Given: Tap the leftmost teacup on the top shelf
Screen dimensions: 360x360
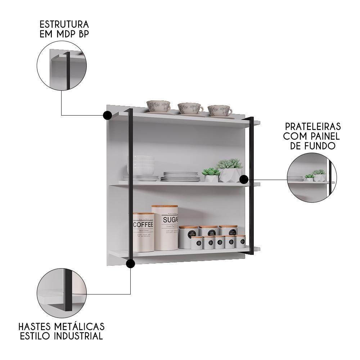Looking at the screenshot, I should click(158, 107).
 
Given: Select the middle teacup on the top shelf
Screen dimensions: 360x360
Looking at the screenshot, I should click(190, 108).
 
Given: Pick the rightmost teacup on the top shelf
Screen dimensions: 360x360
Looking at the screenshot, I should click(220, 111).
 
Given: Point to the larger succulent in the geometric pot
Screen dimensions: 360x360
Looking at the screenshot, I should click(230, 170).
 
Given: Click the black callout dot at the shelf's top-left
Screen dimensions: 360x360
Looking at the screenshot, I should click(107, 115).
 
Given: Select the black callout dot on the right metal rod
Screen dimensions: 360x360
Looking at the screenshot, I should click(244, 179).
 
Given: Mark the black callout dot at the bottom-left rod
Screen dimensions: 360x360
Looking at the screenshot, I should click(130, 264).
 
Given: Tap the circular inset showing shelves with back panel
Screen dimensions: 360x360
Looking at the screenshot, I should click(312, 177).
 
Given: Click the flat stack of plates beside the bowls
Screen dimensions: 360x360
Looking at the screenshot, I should click(180, 176).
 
